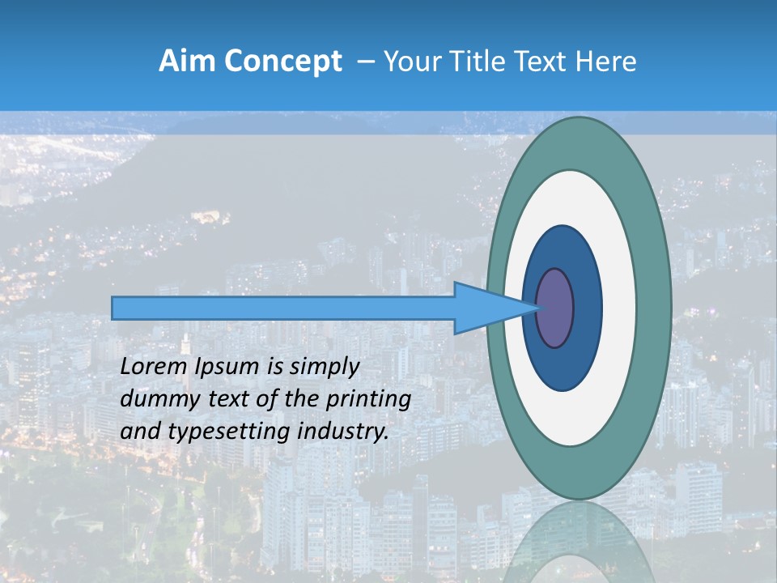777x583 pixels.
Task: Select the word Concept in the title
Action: [281, 62]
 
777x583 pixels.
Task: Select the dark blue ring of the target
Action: [586, 309]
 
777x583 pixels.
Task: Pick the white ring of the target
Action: [619, 309]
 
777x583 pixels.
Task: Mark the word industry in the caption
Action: [343, 432]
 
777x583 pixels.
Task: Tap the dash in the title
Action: [366, 62]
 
